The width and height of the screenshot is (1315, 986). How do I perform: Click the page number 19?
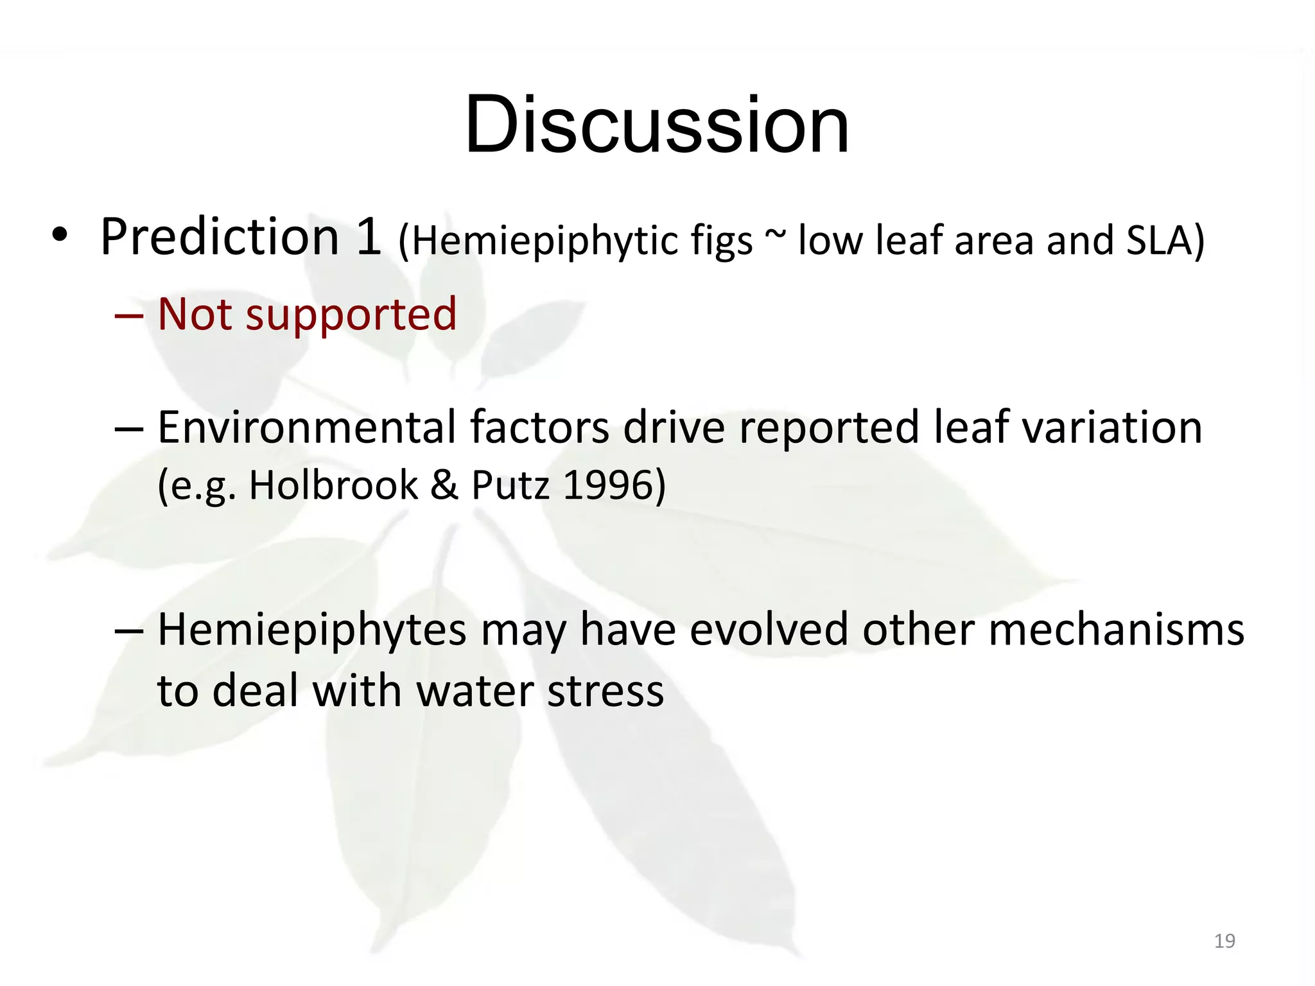pyautogui.click(x=1224, y=941)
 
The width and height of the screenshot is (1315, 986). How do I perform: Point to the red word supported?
pyautogui.click(x=351, y=315)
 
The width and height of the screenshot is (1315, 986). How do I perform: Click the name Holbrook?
pyautogui.click(x=333, y=485)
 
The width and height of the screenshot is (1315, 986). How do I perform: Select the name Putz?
pyautogui.click(x=510, y=485)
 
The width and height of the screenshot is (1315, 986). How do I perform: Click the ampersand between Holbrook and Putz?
pyautogui.click(x=444, y=485)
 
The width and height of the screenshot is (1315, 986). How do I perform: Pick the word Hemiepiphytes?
pyautogui.click(x=312, y=630)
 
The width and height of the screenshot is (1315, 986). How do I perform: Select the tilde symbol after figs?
pyautogui.click(x=774, y=234)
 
